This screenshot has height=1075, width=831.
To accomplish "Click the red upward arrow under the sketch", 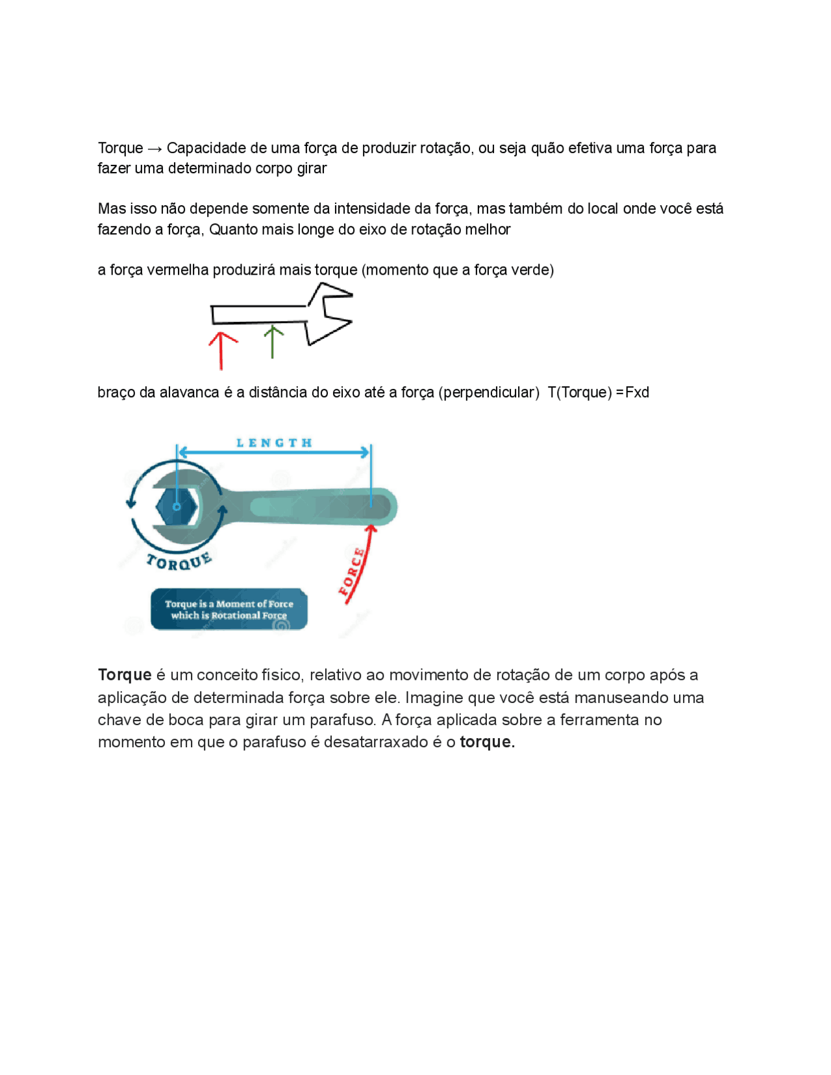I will pyautogui.click(x=221, y=351).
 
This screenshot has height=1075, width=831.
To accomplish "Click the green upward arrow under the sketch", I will pyautogui.click(x=273, y=342).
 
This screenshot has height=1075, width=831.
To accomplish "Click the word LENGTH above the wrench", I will pyautogui.click(x=274, y=443).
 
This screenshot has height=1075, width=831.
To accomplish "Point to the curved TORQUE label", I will pyautogui.click(x=179, y=562).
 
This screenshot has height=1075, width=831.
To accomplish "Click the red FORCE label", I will pyautogui.click(x=351, y=572).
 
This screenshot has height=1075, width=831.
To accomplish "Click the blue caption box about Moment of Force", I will pyautogui.click(x=229, y=609).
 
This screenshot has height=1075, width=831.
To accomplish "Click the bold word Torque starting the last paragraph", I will pyautogui.click(x=125, y=674).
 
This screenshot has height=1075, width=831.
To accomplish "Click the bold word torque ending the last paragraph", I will pyautogui.click(x=487, y=741).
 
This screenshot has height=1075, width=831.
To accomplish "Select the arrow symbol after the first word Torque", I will pyautogui.click(x=155, y=149).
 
